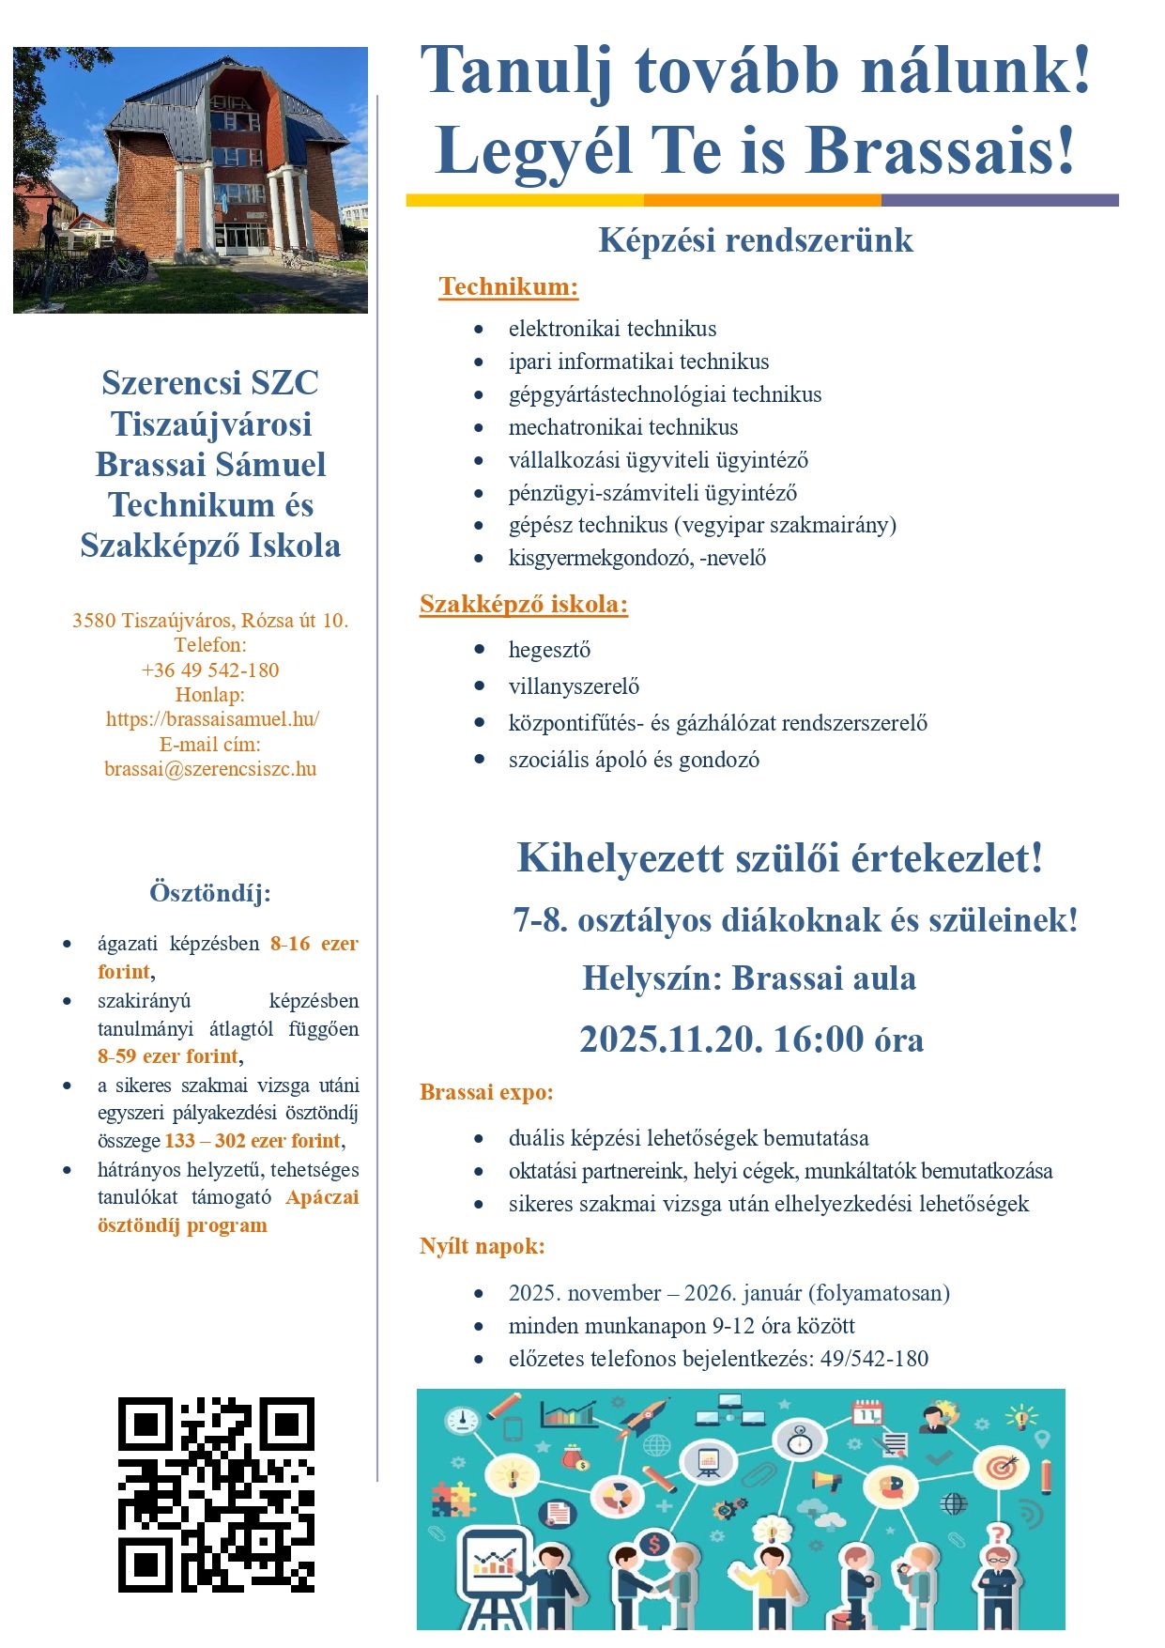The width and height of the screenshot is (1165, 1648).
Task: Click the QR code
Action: click(x=216, y=1494)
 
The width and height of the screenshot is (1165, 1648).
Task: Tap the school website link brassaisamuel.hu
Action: click(x=212, y=719)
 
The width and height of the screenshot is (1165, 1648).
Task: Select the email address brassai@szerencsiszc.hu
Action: click(x=210, y=769)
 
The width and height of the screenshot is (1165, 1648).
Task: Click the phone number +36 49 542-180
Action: click(x=210, y=670)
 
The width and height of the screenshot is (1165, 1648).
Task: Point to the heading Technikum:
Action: click(x=508, y=286)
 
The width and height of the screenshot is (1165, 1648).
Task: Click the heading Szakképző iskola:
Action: click(x=523, y=604)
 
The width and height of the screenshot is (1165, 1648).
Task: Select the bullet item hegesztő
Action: click(x=549, y=650)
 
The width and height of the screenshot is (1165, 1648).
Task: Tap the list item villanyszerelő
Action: click(x=574, y=686)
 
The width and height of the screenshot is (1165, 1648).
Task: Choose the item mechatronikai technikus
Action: click(x=623, y=427)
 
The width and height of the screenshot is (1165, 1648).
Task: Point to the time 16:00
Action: click(x=818, y=1040)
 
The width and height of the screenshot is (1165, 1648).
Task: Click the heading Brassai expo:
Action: click(x=486, y=1092)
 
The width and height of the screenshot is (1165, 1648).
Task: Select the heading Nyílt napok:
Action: click(x=482, y=1246)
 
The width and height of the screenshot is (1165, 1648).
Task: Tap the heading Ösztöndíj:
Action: click(x=210, y=892)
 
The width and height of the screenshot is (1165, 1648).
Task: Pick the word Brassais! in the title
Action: click(x=939, y=150)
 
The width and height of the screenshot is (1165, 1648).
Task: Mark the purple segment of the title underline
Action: click(x=1000, y=200)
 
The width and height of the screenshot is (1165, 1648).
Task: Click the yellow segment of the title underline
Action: click(x=525, y=200)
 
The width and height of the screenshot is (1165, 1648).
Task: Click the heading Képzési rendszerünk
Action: click(x=756, y=240)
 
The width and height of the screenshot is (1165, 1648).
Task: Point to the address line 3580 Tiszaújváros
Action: click(x=210, y=621)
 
